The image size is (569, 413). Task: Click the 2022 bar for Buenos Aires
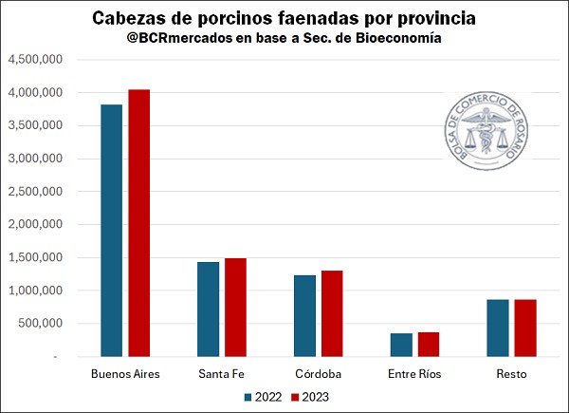coord(112,231)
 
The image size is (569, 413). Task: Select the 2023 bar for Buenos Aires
coord(138,223)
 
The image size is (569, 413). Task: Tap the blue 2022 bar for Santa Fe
coord(209,309)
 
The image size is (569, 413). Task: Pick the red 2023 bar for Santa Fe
coord(235,307)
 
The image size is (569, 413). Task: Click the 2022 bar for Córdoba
coord(305,315)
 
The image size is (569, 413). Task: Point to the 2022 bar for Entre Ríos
coord(402,345)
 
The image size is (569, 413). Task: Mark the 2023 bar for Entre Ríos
coord(429,344)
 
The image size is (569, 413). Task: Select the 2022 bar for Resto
coord(499,328)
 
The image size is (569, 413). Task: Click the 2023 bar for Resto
coord(525,328)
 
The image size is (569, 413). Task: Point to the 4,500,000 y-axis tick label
coord(35,60)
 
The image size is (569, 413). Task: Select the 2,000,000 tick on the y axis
coord(35,225)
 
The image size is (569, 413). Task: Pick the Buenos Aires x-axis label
coord(125,373)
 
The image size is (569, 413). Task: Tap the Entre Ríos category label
coord(415,373)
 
